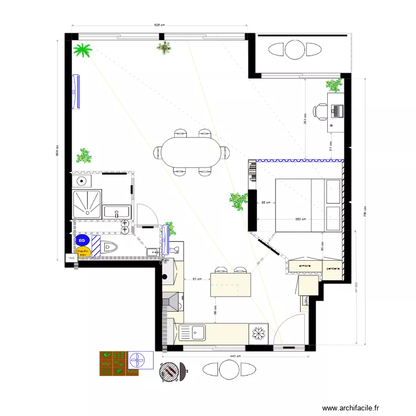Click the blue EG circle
[x=82, y=240]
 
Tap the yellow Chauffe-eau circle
[x=83, y=252]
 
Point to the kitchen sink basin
[x=198, y=333]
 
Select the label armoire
[x=305, y=266]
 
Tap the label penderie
[x=332, y=268]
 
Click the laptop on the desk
[x=336, y=111]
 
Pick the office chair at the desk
[x=321, y=111]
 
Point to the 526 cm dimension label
[x=160, y=25]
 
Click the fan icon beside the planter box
[x=140, y=361]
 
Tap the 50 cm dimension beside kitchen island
[x=196, y=280]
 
